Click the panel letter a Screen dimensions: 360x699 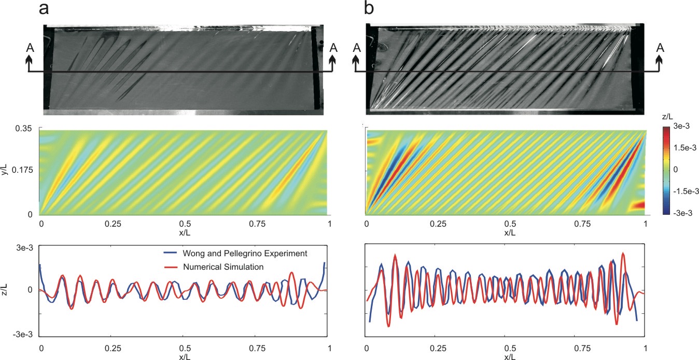(x=44, y=8)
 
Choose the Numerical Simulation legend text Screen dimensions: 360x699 (x=223, y=267)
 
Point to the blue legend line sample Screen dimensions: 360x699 (x=169, y=254)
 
